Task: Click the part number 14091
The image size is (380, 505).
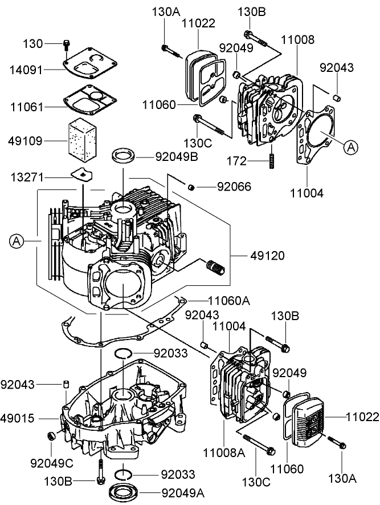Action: pos(26,69)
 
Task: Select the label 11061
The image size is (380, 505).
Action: pos(26,106)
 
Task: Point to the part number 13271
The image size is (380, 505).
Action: pos(26,179)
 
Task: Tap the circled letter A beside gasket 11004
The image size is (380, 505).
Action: pos(352,147)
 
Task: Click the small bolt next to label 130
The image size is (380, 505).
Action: pos(66,44)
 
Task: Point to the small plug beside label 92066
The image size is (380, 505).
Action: pos(192,186)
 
